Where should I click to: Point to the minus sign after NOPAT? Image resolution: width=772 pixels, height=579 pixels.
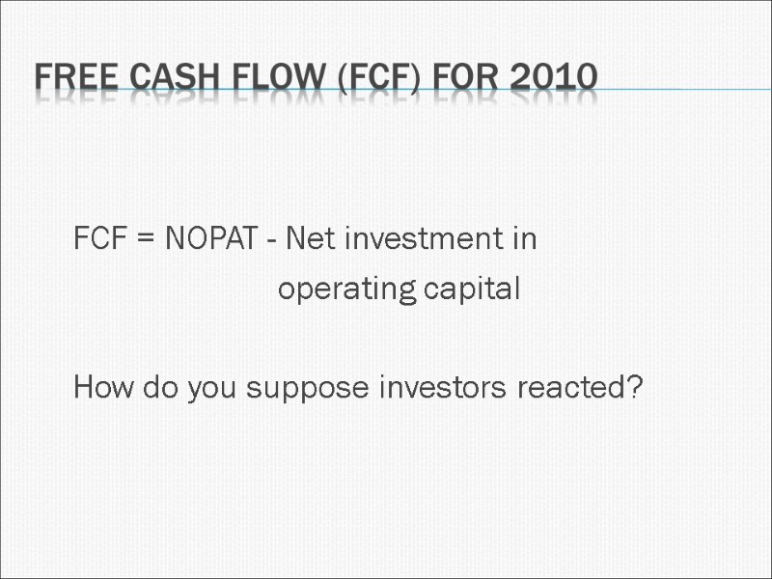tap(274, 240)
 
